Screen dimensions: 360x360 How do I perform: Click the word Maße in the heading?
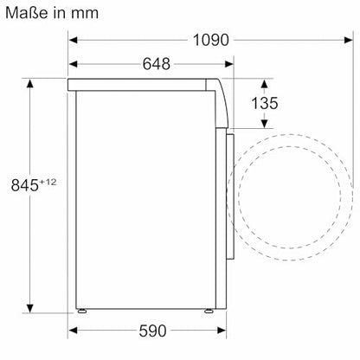[29, 13]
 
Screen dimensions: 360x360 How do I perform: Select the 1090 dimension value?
[209, 40]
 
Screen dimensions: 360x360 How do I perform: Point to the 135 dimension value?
[264, 104]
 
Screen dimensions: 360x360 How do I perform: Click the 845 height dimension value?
[21, 185]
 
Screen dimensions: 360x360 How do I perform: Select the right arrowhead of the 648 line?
[231, 65]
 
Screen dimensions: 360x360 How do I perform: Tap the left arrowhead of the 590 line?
[73, 331]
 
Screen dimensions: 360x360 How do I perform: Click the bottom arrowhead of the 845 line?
[30, 307]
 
